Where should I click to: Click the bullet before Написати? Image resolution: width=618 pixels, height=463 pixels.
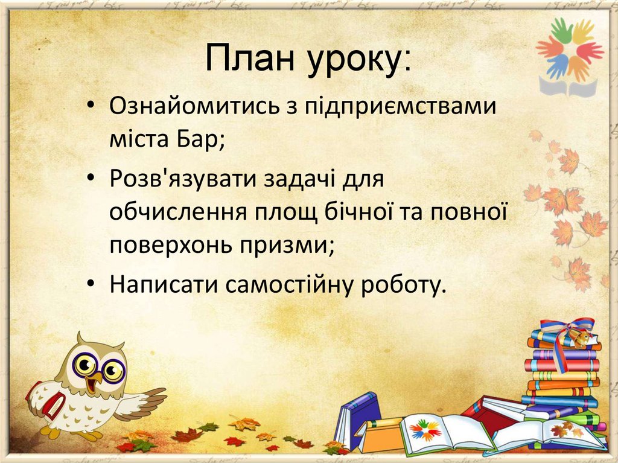click(x=91, y=282)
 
